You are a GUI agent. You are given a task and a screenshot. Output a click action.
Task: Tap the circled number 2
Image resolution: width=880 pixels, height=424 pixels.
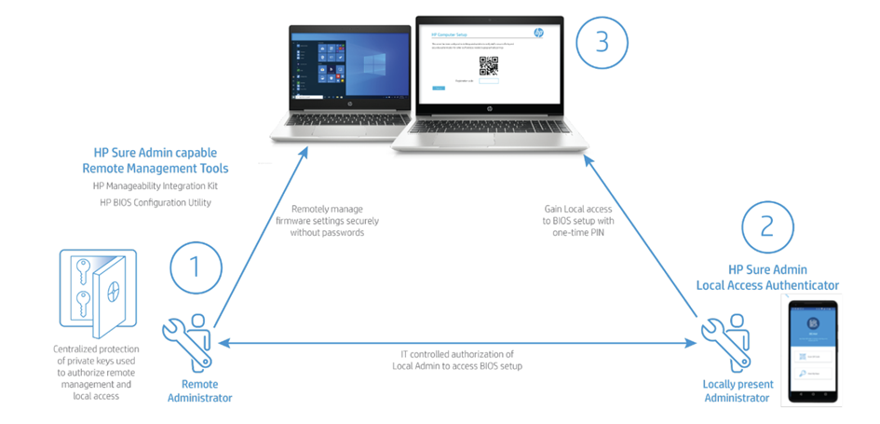[x=767, y=227]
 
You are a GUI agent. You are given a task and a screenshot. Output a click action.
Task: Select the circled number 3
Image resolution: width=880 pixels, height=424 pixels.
[x=602, y=43]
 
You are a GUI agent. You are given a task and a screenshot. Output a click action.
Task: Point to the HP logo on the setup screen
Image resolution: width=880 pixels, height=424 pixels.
[x=538, y=34]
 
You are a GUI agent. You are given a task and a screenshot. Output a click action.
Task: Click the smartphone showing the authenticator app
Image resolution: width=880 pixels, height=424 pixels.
[x=814, y=349]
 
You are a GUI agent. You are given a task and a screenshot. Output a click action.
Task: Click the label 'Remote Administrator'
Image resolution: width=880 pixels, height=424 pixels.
[x=200, y=391]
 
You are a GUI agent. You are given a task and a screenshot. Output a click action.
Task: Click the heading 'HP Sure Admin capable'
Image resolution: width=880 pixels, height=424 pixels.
[x=155, y=154]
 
